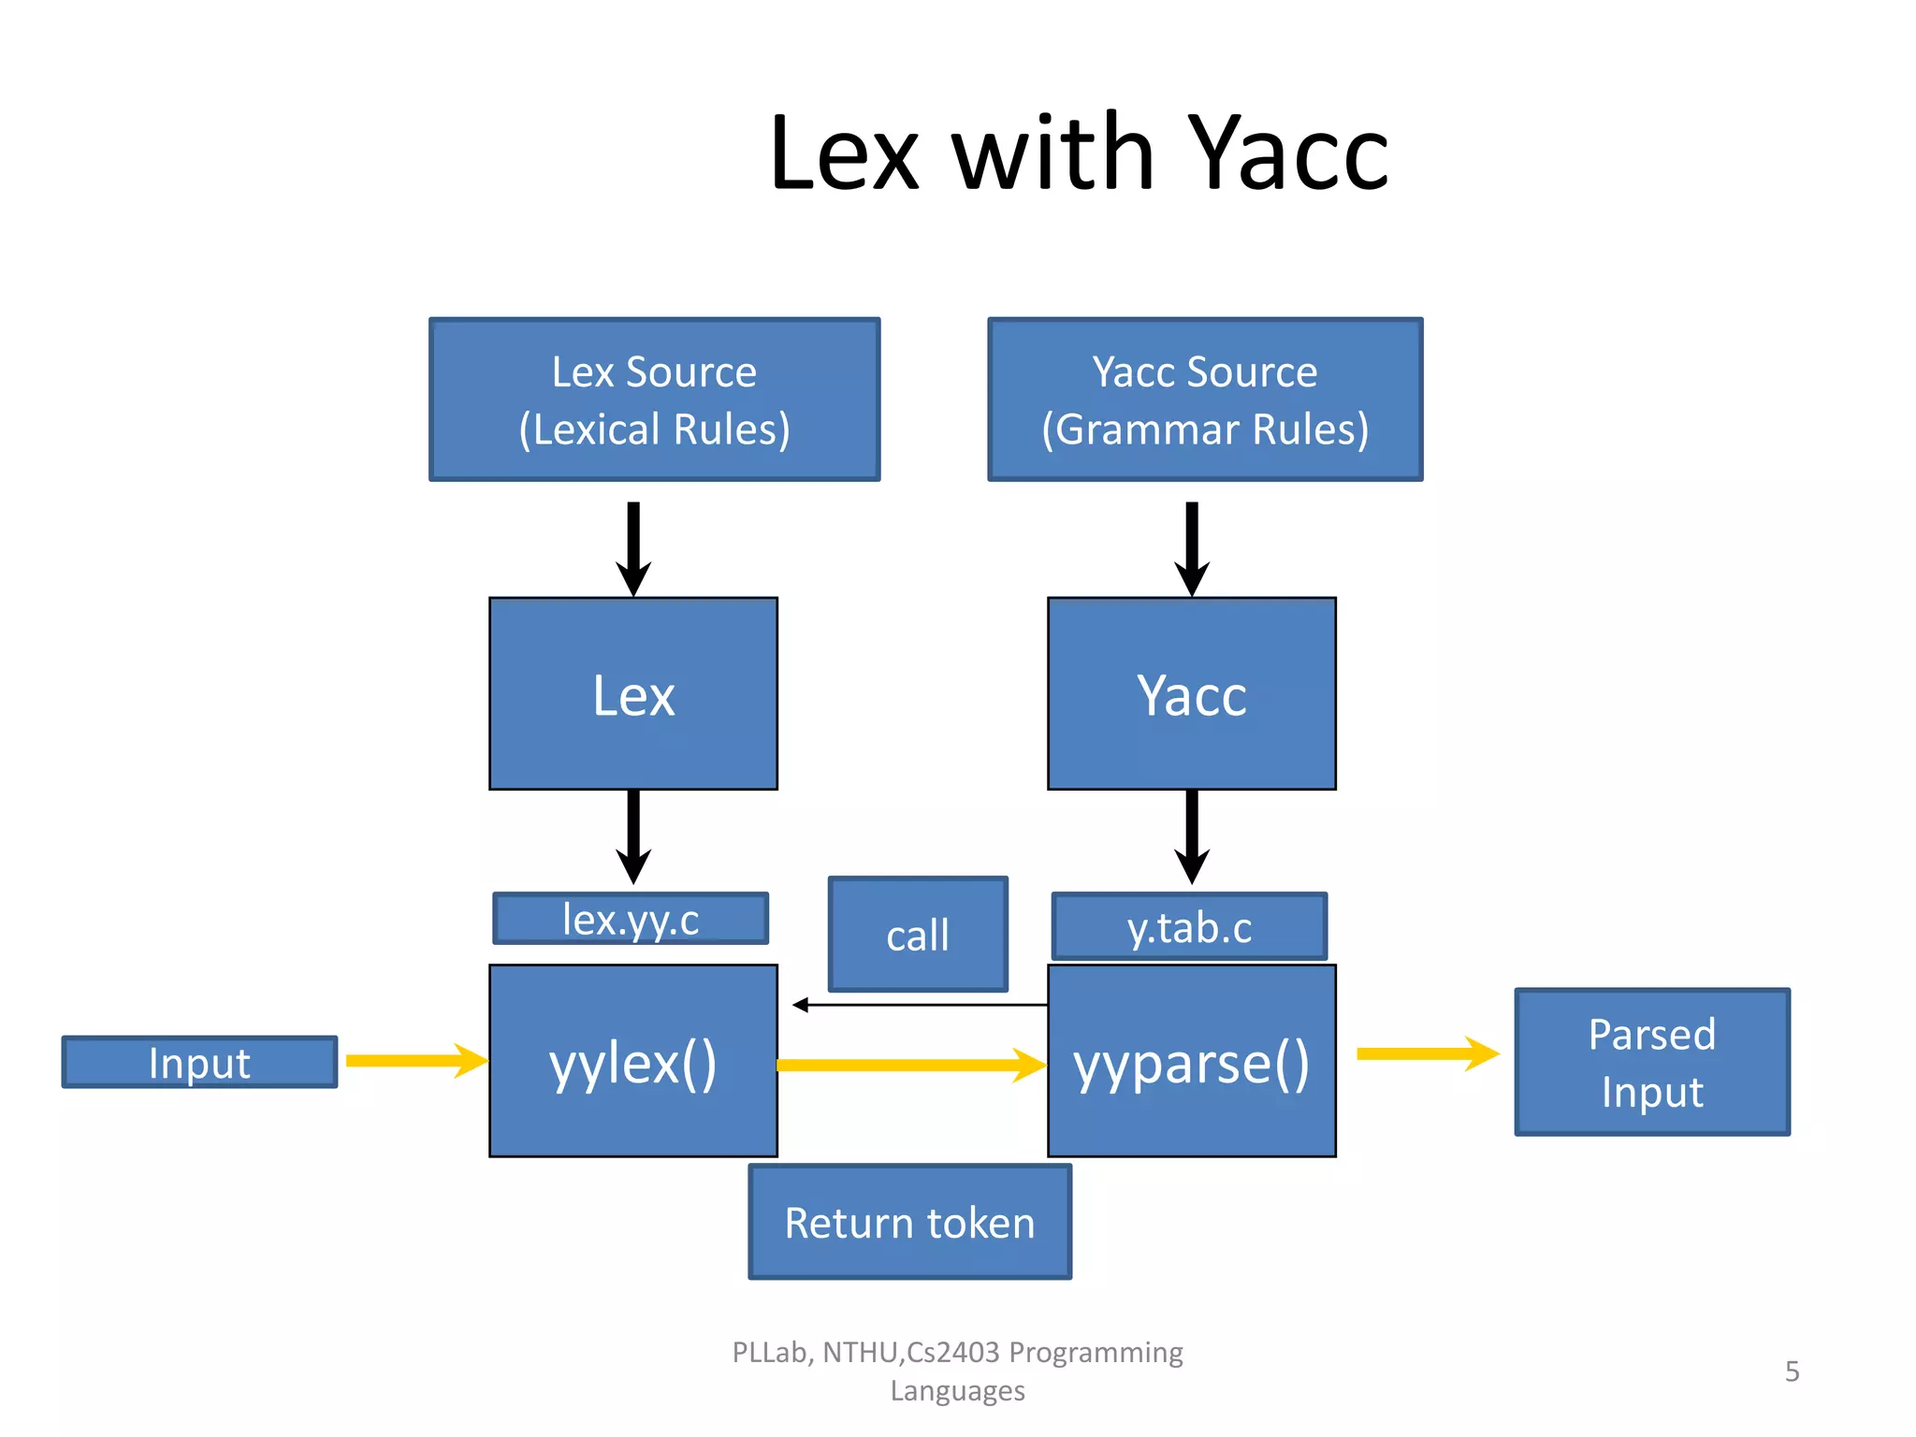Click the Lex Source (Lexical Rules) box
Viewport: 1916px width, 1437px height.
pos(654,399)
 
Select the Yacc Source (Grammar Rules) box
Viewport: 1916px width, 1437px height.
pos(1205,399)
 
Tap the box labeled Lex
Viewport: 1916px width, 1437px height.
pos(633,694)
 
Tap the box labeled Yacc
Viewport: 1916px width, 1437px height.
pos(1191,694)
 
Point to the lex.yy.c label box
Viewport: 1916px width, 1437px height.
pos(631,919)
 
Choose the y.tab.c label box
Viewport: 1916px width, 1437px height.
pos(1189,927)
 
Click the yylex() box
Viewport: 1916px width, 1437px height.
pos(633,1062)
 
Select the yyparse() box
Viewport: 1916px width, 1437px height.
pos(1191,1062)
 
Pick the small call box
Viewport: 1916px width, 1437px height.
pos(918,935)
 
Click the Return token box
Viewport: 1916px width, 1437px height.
pos(909,1222)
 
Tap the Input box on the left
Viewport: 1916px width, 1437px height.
pos(199,1062)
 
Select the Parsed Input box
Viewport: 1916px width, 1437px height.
pos(1652,1062)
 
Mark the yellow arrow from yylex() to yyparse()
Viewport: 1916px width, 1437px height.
pos(907,1065)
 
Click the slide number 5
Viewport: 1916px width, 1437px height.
pos(1792,1372)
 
